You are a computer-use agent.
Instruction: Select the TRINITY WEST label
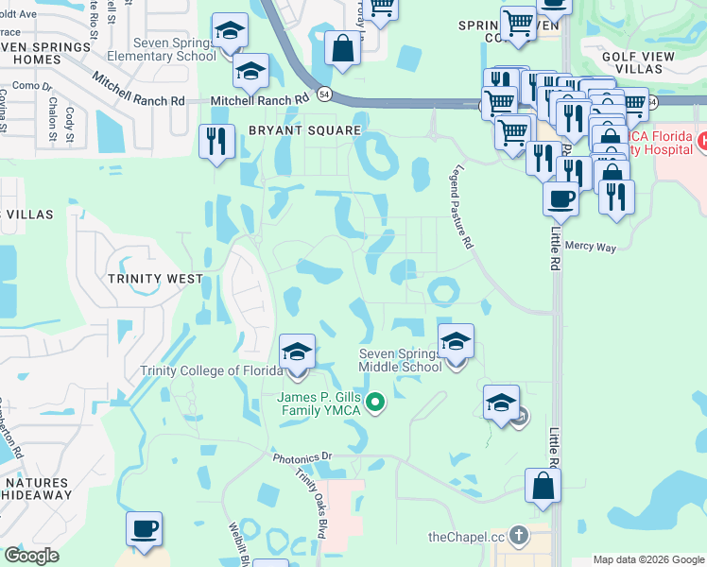(x=155, y=279)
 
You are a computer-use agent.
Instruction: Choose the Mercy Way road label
(x=590, y=247)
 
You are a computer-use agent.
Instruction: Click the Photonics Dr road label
(x=304, y=458)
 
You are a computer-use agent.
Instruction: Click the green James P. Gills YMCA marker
(x=375, y=404)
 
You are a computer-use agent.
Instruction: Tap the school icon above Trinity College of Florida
(x=297, y=352)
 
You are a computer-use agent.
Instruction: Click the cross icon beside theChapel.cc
(x=517, y=537)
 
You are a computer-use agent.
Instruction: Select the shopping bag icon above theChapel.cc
(x=543, y=487)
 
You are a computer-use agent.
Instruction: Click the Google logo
(x=32, y=557)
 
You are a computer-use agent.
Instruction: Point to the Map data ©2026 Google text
(x=648, y=559)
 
